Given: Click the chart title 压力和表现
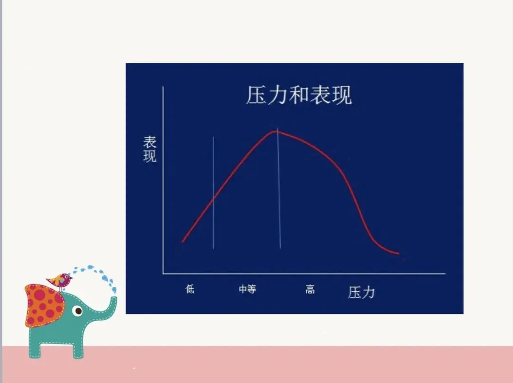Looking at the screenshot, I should click(x=299, y=95).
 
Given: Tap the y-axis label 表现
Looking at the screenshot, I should click(x=150, y=149).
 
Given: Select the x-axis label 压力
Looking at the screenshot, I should click(x=361, y=292).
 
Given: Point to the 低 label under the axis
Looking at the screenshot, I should click(x=190, y=289).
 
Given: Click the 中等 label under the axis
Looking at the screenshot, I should click(x=247, y=289).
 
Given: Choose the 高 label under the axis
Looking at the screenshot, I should click(x=310, y=289).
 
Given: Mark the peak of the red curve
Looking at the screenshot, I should click(x=275, y=131).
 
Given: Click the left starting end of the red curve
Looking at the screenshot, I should click(x=182, y=242).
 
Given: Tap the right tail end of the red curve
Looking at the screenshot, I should click(x=398, y=254).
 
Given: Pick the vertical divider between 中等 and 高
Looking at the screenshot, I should click(x=279, y=190).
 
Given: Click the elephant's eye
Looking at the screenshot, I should click(x=78, y=311).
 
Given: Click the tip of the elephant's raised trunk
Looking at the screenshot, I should click(x=113, y=299).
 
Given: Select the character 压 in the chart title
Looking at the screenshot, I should click(x=256, y=95).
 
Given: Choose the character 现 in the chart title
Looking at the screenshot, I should click(x=342, y=95).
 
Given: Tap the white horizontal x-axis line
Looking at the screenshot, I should click(x=304, y=274).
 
